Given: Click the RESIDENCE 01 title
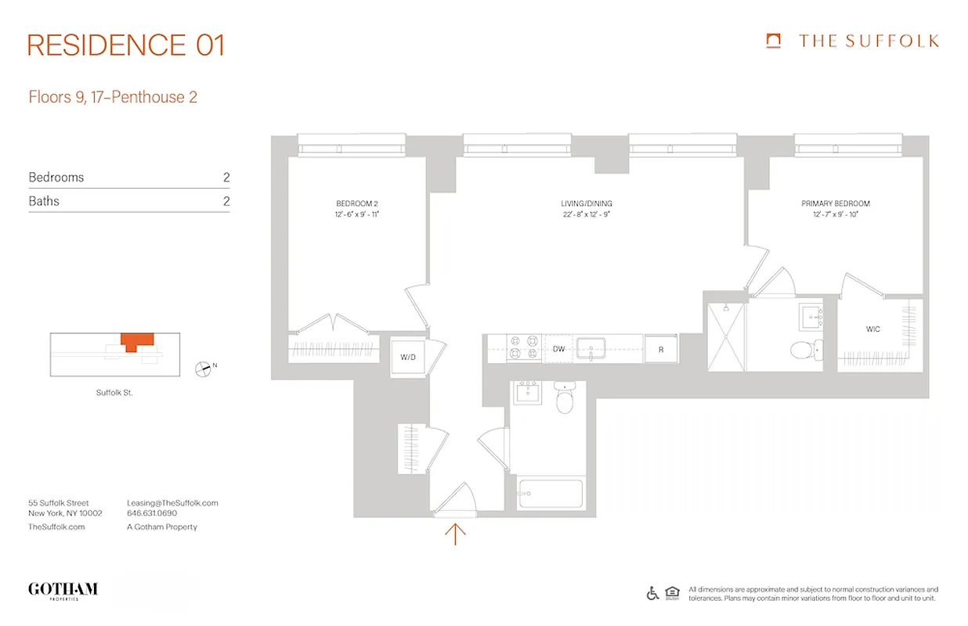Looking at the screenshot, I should (126, 45).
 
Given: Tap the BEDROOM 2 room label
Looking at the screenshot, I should (357, 203).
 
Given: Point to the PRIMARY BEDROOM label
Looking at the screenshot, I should (835, 203).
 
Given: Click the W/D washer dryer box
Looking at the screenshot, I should (408, 358).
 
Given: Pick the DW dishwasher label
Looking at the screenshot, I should (558, 350).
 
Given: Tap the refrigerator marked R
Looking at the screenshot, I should (661, 350).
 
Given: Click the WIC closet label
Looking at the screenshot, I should (872, 329).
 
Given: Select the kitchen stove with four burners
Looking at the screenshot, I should (523, 347).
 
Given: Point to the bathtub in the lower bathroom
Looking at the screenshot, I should (550, 495).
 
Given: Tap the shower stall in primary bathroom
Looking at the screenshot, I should (725, 337).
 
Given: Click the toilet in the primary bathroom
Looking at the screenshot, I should (805, 349).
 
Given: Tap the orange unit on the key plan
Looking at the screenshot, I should (137, 341).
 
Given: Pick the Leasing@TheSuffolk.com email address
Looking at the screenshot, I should (172, 503).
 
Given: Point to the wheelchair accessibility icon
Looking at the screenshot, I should (652, 593).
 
